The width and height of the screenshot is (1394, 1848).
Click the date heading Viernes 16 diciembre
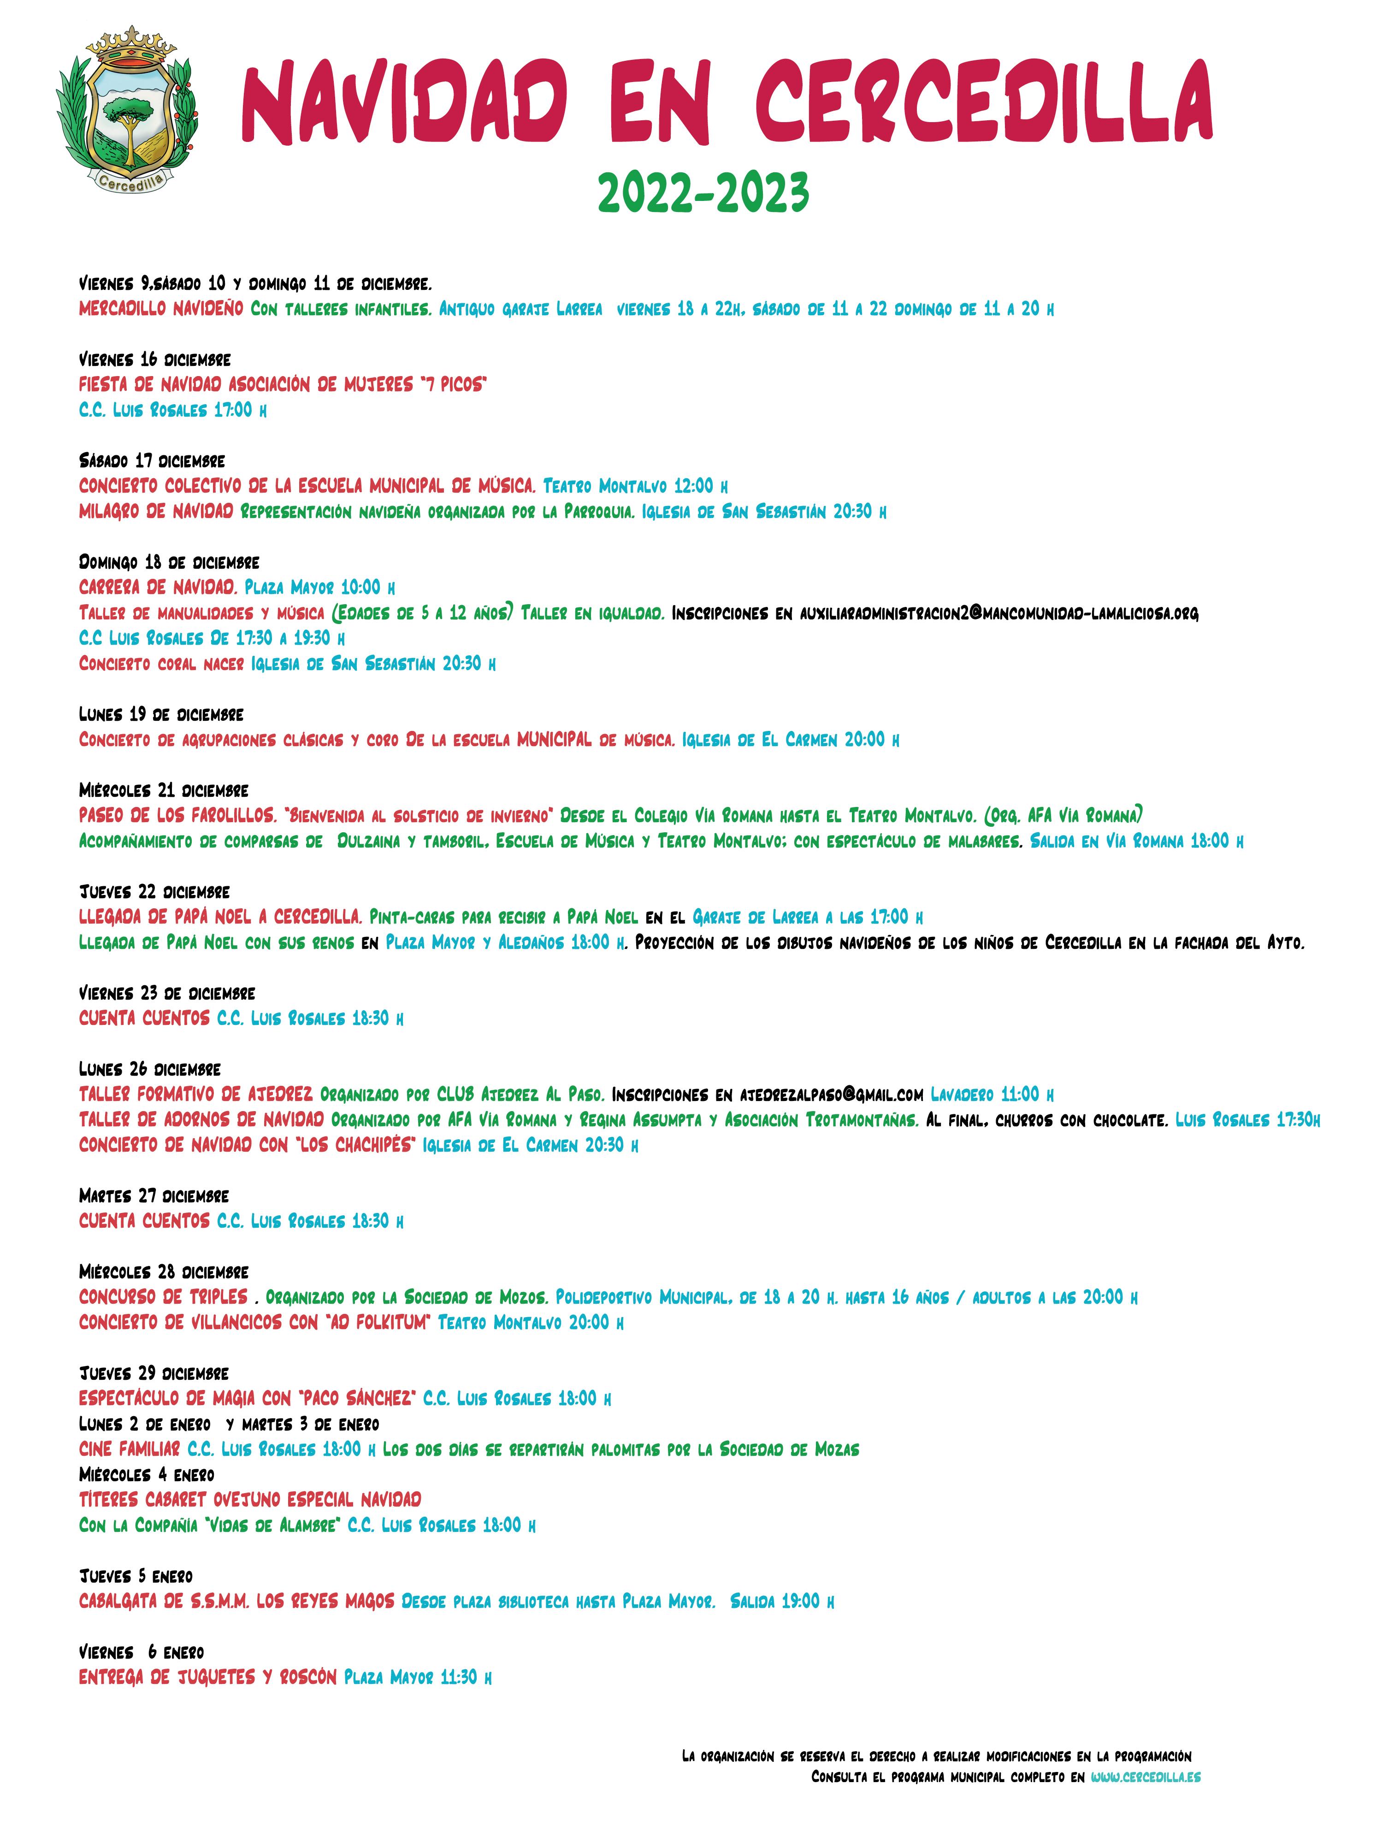point(154,359)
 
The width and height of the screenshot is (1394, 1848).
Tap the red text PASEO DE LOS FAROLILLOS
point(177,815)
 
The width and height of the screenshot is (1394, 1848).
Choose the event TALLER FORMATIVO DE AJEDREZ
point(196,1095)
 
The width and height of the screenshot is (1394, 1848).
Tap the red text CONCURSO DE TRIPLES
point(164,1297)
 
